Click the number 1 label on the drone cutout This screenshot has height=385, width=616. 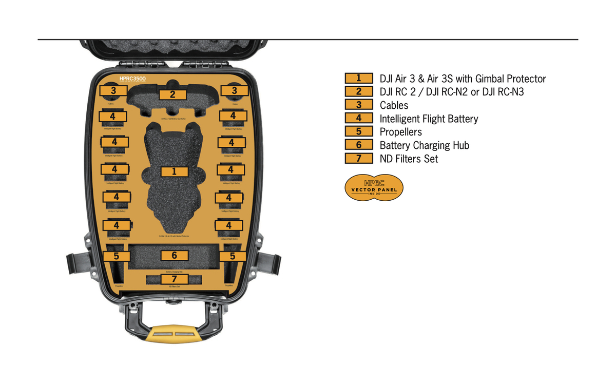(x=174, y=171)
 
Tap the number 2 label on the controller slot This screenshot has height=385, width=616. (x=172, y=94)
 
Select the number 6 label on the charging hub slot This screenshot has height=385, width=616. (x=174, y=255)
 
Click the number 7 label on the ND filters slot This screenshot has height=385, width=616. (x=173, y=279)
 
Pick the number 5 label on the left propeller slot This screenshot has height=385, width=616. (x=116, y=256)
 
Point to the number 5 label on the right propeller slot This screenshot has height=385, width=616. (x=233, y=256)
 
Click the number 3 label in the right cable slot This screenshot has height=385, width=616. (x=234, y=90)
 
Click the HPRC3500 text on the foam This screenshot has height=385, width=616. (x=133, y=79)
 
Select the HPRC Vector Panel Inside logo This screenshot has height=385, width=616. (x=374, y=187)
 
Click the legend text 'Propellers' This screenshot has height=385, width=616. (x=401, y=132)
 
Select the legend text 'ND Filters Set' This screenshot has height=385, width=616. (x=409, y=159)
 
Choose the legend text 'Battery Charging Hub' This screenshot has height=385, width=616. (x=425, y=145)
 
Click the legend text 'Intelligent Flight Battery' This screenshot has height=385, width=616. (x=429, y=119)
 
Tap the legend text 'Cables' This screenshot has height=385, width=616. (x=394, y=105)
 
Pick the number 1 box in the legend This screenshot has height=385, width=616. (x=359, y=79)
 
